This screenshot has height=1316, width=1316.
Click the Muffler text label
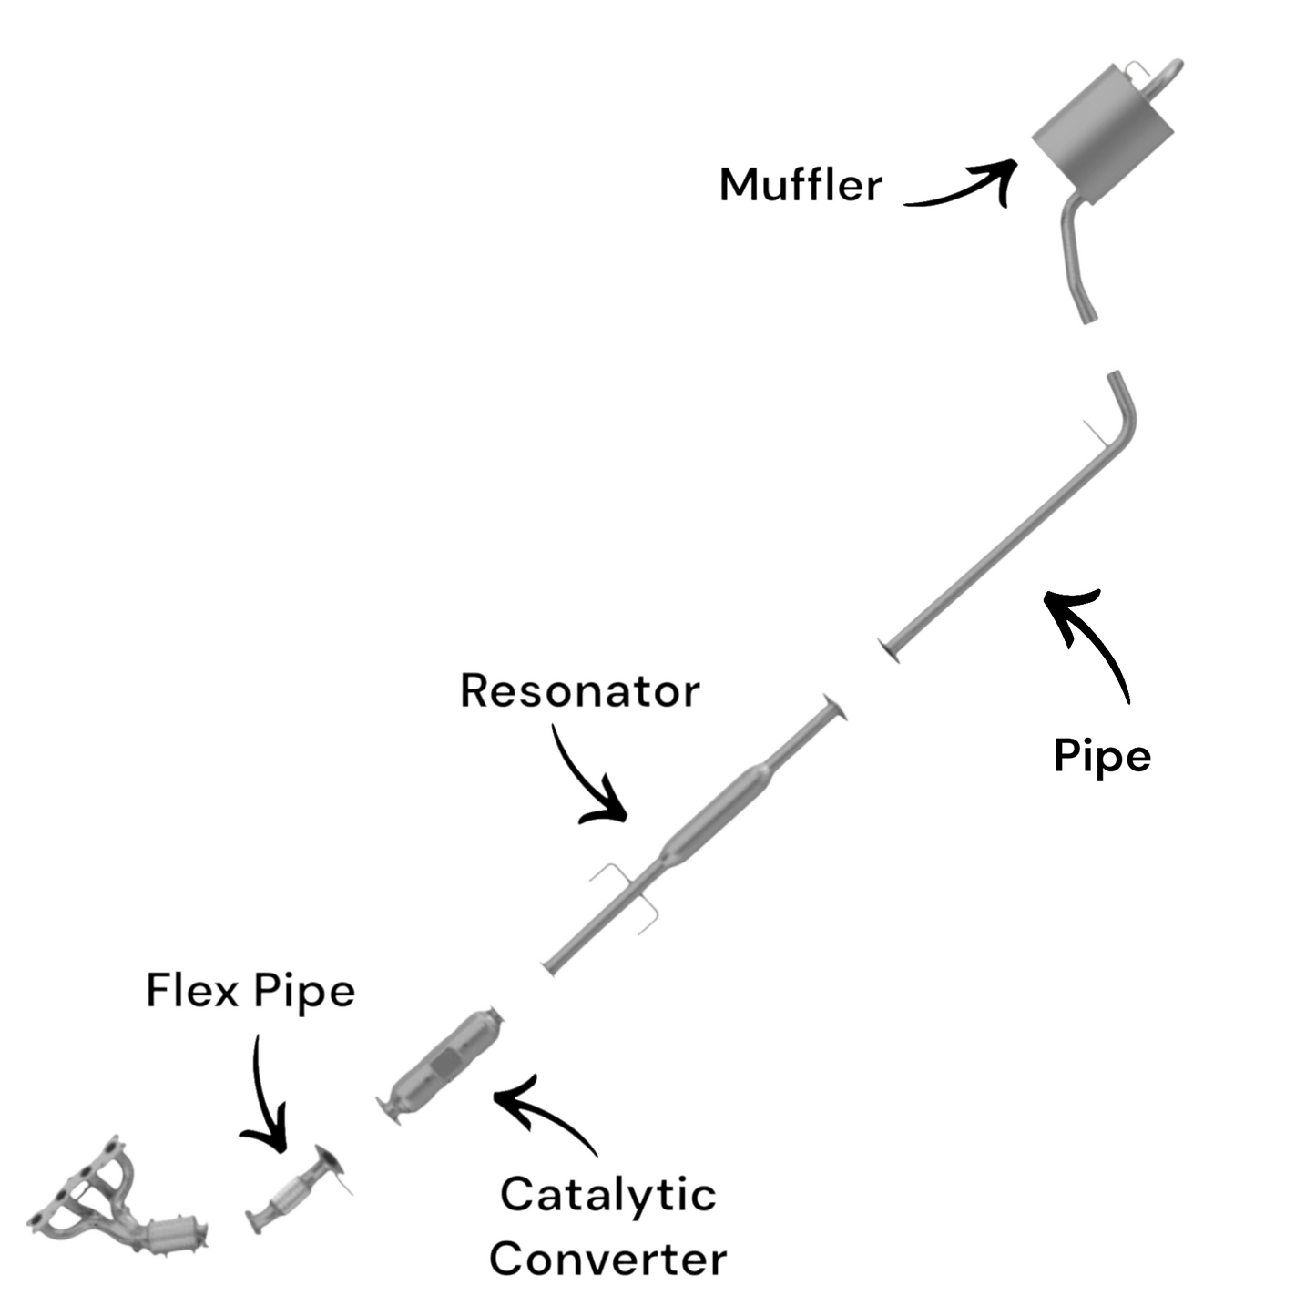800,185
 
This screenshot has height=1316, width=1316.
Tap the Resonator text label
579,690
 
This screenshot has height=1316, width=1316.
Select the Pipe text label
1102,756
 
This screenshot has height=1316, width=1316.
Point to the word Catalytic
607,1195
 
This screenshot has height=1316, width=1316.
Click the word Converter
607,1259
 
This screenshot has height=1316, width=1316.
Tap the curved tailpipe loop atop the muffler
1166,77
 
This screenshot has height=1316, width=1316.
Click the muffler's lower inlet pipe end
1086,314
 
